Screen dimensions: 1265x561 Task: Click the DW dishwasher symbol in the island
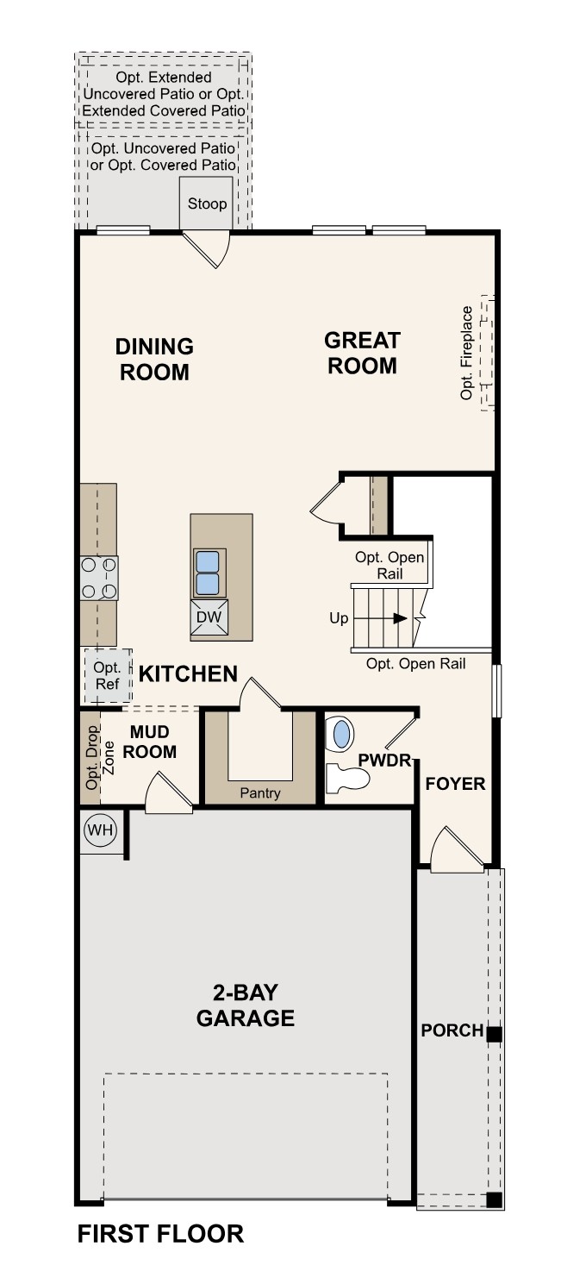209,617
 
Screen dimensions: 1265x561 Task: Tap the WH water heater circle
100,831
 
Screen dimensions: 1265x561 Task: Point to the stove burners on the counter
99,578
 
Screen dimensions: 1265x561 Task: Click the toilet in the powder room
348,779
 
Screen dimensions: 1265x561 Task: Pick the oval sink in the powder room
342,735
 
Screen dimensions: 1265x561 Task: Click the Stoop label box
207,204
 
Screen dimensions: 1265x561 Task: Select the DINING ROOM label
155,359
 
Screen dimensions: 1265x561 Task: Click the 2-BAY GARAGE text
246,1005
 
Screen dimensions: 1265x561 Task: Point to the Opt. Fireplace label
467,353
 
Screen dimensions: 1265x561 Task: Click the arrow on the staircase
400,618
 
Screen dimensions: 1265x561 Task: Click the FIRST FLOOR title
160,1234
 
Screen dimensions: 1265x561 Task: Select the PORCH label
452,1030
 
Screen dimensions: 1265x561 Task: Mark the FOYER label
455,784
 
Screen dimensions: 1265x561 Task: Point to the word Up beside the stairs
339,618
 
